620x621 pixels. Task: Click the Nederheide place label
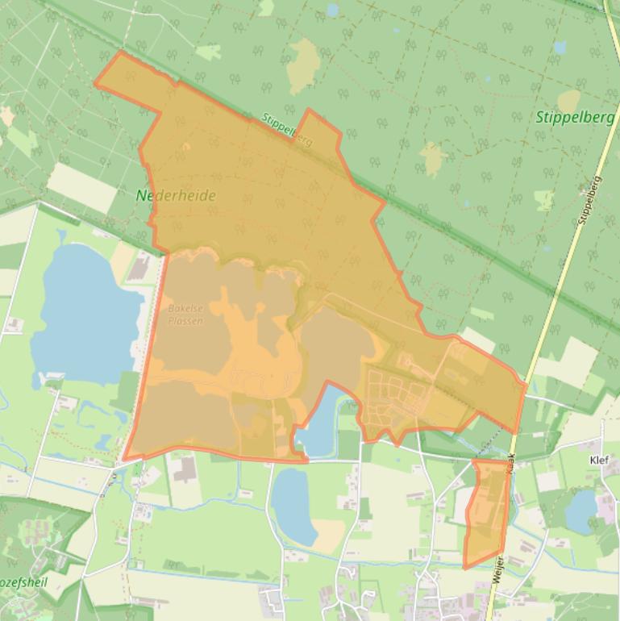point(176,195)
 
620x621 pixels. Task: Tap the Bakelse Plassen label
point(185,315)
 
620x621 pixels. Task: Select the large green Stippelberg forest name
point(574,117)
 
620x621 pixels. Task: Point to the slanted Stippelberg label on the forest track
point(287,129)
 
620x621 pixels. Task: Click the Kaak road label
point(510,466)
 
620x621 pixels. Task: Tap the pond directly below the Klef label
point(580,511)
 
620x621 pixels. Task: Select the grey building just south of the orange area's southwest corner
point(185,469)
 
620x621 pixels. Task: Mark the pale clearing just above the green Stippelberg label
point(568,100)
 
